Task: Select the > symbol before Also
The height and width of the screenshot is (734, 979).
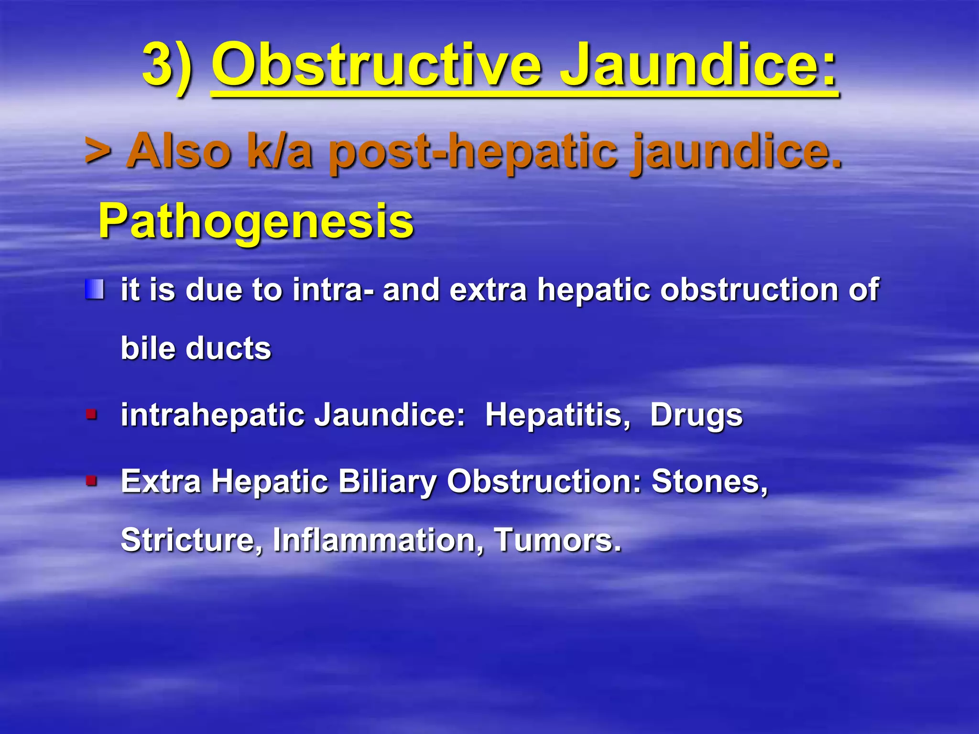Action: coord(98,151)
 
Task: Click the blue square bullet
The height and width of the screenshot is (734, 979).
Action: coord(95,290)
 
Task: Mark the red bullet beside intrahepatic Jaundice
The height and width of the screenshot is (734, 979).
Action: coord(91,414)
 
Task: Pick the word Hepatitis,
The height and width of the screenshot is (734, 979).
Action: coord(557,415)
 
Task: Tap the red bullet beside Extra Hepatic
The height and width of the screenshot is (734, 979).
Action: coord(91,480)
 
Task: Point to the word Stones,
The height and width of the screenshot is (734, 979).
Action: coord(709,481)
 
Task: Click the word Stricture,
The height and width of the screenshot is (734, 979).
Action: coord(192,540)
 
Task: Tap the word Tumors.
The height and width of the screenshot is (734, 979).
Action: coord(557,540)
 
